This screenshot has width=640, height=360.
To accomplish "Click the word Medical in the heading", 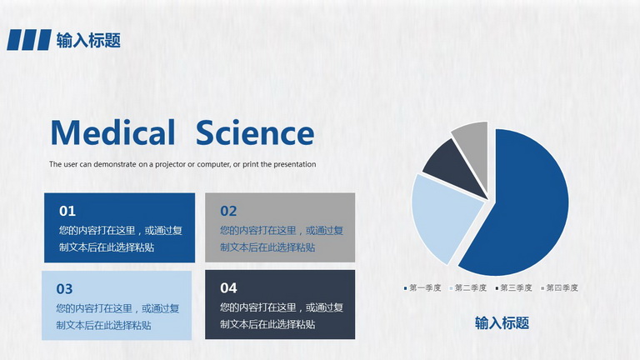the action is [x=112, y=132].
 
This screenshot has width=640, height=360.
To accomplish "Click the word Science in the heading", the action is [x=255, y=132].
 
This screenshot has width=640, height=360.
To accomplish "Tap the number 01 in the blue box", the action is [x=67, y=211].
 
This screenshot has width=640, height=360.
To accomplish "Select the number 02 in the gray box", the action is [x=228, y=211].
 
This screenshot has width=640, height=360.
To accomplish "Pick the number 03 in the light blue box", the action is [x=64, y=289].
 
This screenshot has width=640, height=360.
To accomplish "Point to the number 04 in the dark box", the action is [x=228, y=288].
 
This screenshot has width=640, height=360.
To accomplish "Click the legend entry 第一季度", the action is [x=422, y=288].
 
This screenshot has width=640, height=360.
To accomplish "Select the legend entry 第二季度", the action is [x=468, y=288].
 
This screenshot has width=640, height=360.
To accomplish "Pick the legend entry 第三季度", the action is [x=514, y=288].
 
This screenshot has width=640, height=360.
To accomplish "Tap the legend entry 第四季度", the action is [x=560, y=288].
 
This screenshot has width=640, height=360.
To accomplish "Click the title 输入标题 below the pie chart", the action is [x=502, y=322].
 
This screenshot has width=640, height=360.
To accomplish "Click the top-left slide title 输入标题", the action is [x=88, y=40].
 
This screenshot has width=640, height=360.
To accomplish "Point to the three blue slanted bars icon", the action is [x=29, y=40].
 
